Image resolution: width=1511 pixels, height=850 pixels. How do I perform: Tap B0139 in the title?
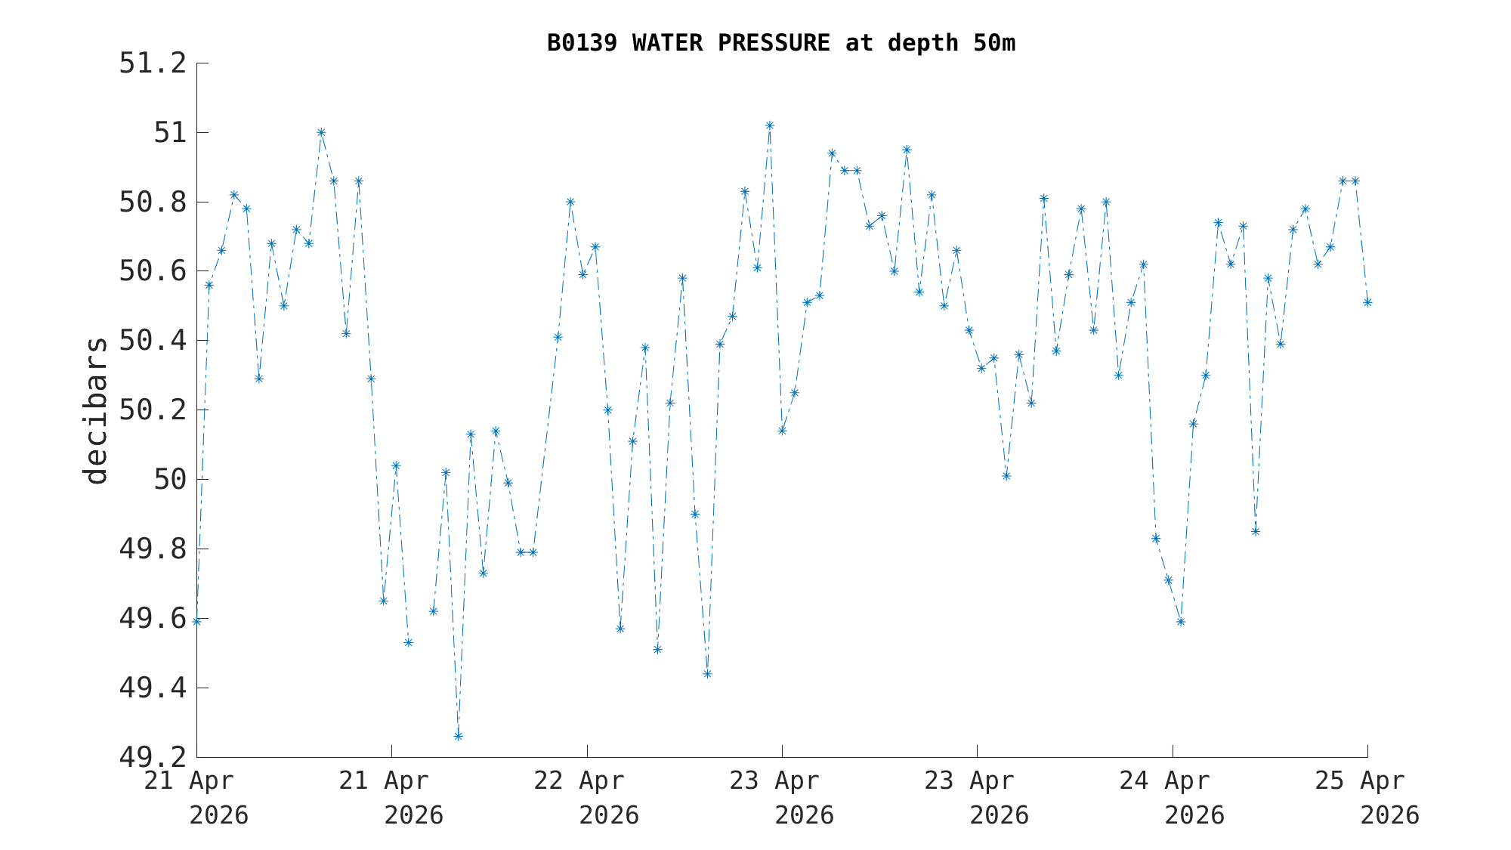pyautogui.click(x=582, y=43)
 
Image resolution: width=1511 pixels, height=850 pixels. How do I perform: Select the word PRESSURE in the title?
pyautogui.click(x=774, y=43)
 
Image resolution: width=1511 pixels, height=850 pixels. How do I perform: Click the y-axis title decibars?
pyautogui.click(x=96, y=410)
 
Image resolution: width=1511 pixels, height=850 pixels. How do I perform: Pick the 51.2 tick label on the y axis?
pyautogui.click(x=153, y=63)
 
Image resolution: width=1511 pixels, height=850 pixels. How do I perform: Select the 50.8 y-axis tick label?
pyautogui.click(x=153, y=202)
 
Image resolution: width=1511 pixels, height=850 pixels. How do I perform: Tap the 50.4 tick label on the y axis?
pyautogui.click(x=153, y=341)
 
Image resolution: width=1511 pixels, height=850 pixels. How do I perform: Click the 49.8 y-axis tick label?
pyautogui.click(x=153, y=549)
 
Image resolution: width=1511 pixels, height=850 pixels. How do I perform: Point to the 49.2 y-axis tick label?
pyautogui.click(x=153, y=756)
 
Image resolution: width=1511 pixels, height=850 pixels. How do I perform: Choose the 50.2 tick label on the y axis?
pyautogui.click(x=153, y=410)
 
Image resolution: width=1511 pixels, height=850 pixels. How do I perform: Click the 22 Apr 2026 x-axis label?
pyautogui.click(x=587, y=797)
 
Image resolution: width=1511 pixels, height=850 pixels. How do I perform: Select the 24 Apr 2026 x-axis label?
pyautogui.click(x=1172, y=797)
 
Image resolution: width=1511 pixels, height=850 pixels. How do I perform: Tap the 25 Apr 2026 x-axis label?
pyautogui.click(x=1367, y=797)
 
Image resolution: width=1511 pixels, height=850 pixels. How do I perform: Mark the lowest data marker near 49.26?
pyautogui.click(x=458, y=736)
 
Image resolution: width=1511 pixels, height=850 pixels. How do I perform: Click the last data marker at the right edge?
pyautogui.click(x=1367, y=302)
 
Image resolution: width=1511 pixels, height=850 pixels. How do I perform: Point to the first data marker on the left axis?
pyautogui.click(x=196, y=621)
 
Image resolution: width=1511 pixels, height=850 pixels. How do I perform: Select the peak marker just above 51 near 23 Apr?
pyautogui.click(x=769, y=125)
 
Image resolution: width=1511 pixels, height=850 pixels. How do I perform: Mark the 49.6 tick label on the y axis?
pyautogui.click(x=153, y=618)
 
